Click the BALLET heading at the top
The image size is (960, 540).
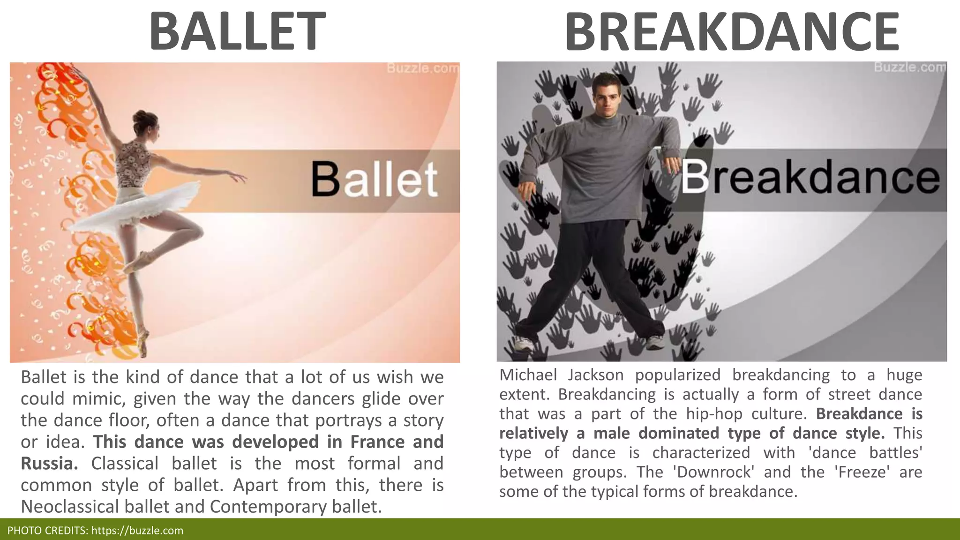pyautogui.click(x=237, y=32)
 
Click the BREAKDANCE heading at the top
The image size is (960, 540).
pyautogui.click(x=732, y=32)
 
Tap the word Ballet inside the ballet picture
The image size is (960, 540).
pyautogui.click(x=375, y=180)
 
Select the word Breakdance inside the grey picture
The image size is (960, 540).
pyautogui.click(x=810, y=178)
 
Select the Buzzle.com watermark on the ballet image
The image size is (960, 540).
pyautogui.click(x=422, y=69)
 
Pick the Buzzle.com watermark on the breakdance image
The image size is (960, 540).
pyautogui.click(x=909, y=67)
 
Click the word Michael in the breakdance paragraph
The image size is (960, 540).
pyautogui.click(x=528, y=375)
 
